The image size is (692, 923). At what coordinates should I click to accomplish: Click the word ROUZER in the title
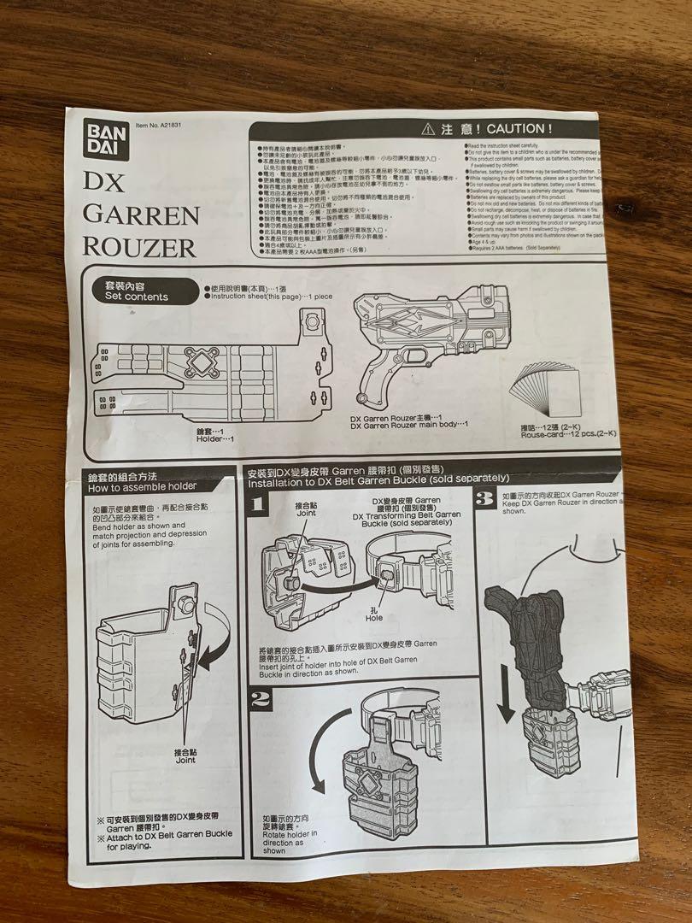click(139, 247)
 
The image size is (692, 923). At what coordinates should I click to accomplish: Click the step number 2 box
click(261, 702)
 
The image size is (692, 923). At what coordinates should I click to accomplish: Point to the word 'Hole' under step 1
click(373, 617)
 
